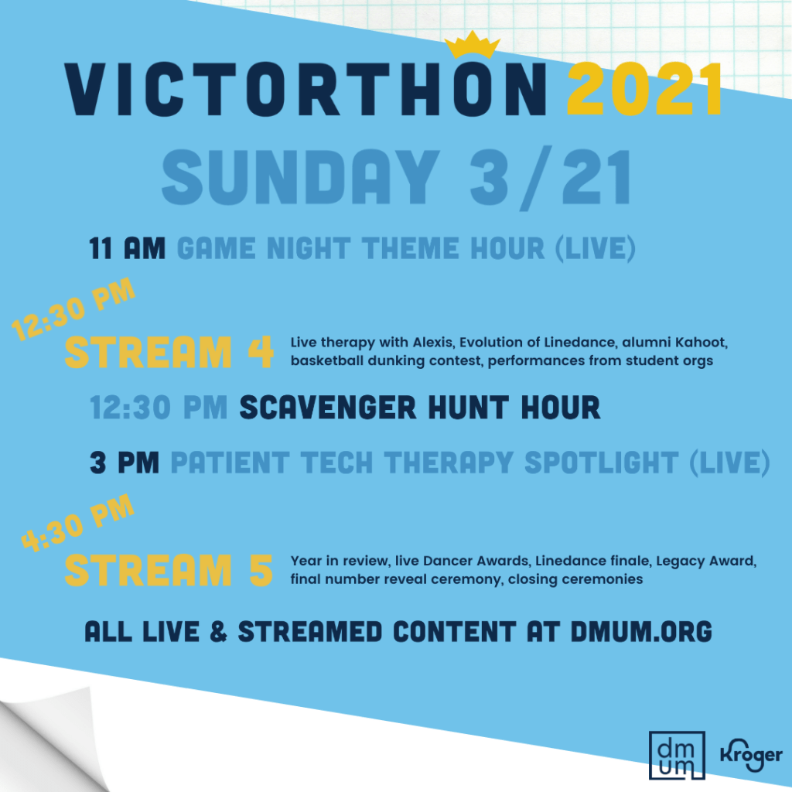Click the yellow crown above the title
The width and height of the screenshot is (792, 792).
tap(473, 46)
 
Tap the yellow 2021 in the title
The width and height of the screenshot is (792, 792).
tap(644, 90)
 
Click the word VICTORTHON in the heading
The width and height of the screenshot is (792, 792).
tap(306, 90)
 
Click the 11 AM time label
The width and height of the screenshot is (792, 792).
tap(128, 248)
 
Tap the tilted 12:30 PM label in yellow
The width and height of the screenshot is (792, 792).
tap(73, 309)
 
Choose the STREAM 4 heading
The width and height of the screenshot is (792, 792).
tap(169, 352)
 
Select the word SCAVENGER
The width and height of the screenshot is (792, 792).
tap(328, 407)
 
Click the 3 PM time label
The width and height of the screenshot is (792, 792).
tap(125, 463)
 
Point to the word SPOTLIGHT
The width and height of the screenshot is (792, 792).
tap(602, 463)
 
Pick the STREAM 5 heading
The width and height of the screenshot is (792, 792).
tap(169, 570)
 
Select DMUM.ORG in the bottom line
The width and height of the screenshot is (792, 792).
tap(641, 631)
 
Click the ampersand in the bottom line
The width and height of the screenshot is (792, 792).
tap(218, 632)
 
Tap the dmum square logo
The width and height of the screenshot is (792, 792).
tap(677, 755)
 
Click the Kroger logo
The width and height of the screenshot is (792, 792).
tap(751, 755)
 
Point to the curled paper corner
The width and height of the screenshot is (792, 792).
tap(50, 737)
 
